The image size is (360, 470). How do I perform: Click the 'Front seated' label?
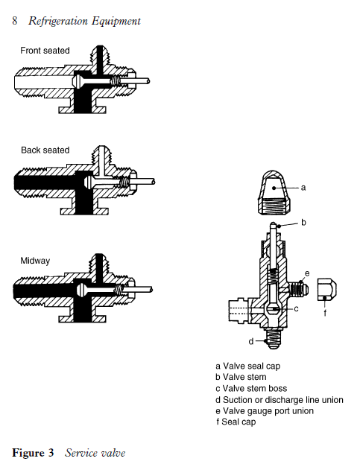coord(45,51)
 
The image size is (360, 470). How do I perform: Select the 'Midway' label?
coord(35,261)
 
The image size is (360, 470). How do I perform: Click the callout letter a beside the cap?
coord(303,188)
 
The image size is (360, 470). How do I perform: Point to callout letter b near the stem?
coord(303,222)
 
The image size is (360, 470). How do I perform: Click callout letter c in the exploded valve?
coord(297,308)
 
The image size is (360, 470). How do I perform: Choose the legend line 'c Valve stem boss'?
coord(250,388)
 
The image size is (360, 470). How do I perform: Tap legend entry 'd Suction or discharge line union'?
coord(279,400)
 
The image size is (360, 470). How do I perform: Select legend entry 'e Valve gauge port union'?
coord(264,411)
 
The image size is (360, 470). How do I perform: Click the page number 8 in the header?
coord(16,21)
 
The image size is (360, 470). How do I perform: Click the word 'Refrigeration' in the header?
coord(59,21)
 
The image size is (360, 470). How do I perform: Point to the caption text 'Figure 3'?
coord(33,453)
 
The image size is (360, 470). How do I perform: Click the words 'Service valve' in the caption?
coord(95,453)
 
